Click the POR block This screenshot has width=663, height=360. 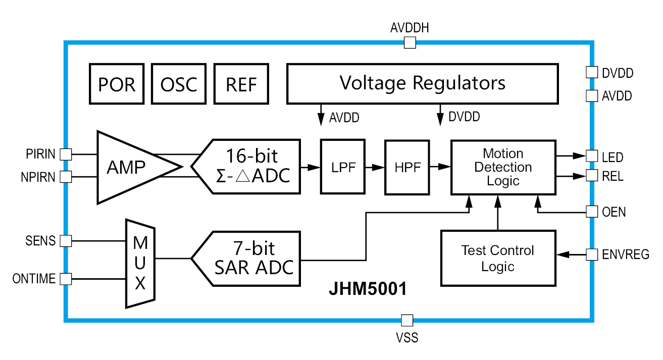click(117, 83)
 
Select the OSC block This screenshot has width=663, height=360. click(179, 83)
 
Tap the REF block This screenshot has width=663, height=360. click(241, 83)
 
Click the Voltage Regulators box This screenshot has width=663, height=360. click(423, 83)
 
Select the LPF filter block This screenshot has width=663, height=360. click(342, 167)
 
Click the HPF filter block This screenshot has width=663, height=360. click(407, 167)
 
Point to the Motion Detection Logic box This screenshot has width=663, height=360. click(503, 167)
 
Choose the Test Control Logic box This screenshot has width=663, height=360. click(498, 258)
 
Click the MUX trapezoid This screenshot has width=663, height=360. click(140, 263)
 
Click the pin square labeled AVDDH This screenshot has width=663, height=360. click(410, 43)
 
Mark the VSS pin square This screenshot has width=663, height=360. click(407, 320)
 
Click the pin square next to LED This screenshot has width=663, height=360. click(591, 156)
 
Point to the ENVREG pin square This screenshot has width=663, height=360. click(591, 254)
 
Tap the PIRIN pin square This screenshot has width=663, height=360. click(66, 153)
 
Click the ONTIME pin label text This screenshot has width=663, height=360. click(34, 279)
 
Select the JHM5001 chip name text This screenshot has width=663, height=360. click(368, 290)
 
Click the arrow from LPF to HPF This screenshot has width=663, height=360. click(374, 167)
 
